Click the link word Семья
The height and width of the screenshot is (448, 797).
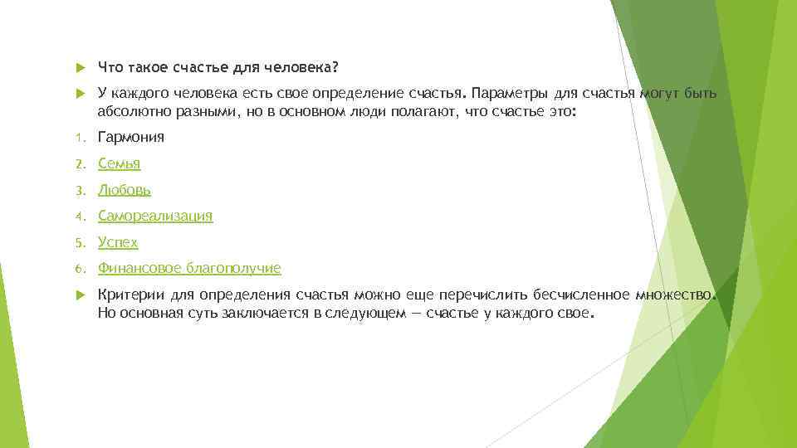point(119,163)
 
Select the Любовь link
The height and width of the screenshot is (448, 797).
point(124,190)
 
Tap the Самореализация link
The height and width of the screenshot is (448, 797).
point(155,216)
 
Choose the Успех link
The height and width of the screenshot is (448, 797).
point(118,242)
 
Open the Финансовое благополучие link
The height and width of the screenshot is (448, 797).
point(189,268)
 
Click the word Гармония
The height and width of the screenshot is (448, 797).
point(131,138)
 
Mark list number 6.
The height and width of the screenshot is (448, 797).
point(79,269)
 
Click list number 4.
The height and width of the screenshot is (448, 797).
point(79,217)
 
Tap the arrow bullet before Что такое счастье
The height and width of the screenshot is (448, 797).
point(80,66)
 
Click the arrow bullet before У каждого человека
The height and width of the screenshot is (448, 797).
point(80,92)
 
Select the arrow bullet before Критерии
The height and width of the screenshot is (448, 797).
point(80,295)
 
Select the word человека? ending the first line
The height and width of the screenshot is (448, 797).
point(309,66)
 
